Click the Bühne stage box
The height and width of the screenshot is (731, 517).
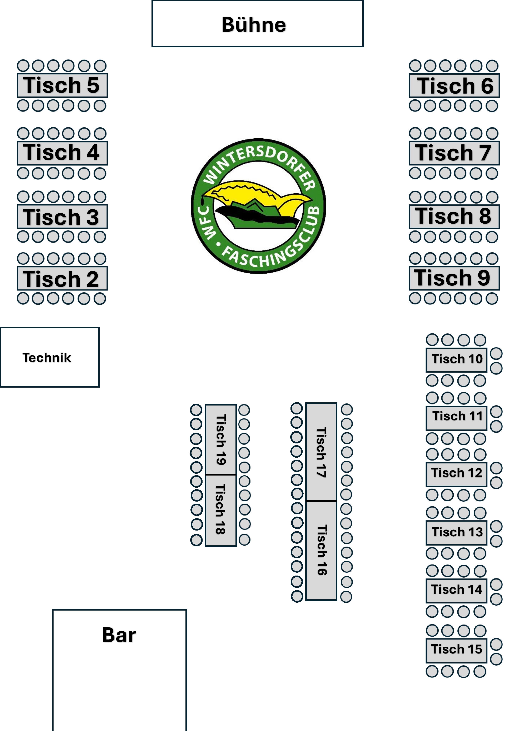coord(258,24)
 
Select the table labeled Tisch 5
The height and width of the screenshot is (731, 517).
coord(62,85)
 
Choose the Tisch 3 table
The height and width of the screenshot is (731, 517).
coord(62,217)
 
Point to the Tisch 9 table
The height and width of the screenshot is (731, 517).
coord(454,278)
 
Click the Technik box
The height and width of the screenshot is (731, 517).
coord(50,357)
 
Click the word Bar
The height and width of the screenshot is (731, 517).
coord(119,635)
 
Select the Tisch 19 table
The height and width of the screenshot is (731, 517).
coord(221,440)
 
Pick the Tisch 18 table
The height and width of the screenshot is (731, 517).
coord(221,510)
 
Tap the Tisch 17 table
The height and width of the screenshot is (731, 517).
coord(321,452)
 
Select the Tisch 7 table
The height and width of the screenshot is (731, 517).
coord(454,153)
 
